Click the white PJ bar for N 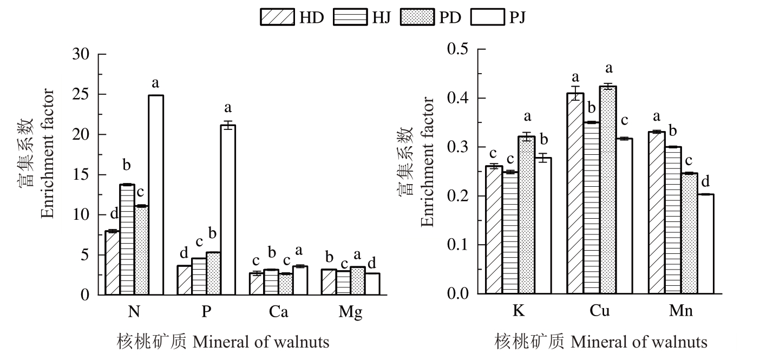156,195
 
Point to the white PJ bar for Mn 705,244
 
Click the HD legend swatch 277,17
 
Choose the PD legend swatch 417,17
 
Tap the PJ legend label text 517,17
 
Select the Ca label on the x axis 278,312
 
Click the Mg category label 350,313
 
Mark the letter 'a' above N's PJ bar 156,84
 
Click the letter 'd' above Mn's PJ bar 705,181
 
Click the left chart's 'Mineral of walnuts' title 260,342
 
